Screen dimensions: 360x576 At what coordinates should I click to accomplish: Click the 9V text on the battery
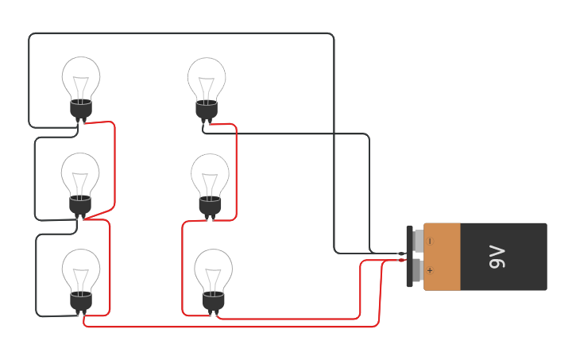[x=497, y=257]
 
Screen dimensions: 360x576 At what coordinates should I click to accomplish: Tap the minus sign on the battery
[x=430, y=241]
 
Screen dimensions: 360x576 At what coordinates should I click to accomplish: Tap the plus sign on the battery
[x=430, y=270]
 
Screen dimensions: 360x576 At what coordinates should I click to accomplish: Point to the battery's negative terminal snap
[x=418, y=240]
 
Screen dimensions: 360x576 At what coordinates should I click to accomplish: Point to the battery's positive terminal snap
[x=418, y=270]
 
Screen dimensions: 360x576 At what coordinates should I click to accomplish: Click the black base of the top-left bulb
[x=81, y=110]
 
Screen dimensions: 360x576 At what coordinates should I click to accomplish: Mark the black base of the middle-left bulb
[x=80, y=206]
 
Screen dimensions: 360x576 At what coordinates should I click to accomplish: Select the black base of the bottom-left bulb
[x=81, y=301]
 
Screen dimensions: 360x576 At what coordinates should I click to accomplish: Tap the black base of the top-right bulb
[x=207, y=110]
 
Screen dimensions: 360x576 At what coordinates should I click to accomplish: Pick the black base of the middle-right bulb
[x=210, y=206]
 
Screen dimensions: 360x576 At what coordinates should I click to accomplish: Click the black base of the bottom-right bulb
[x=214, y=301]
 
